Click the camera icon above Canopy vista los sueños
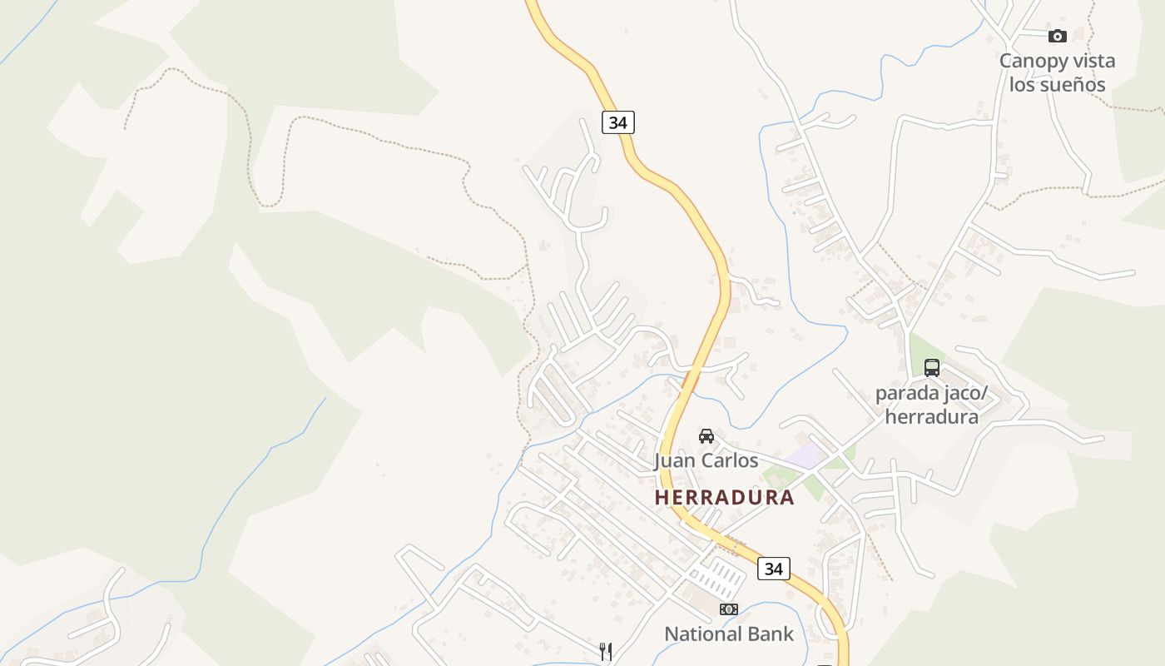[x=1058, y=36]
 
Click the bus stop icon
[x=932, y=367]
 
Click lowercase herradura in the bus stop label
[x=931, y=416]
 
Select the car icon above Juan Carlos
[x=706, y=435]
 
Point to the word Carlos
[x=729, y=460]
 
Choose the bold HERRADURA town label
[x=724, y=498]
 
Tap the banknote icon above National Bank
[x=729, y=609]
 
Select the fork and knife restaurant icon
[x=606, y=651]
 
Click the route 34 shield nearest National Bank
[x=774, y=569]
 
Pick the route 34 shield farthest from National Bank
[x=617, y=122]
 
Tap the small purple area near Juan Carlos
[x=803, y=455]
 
